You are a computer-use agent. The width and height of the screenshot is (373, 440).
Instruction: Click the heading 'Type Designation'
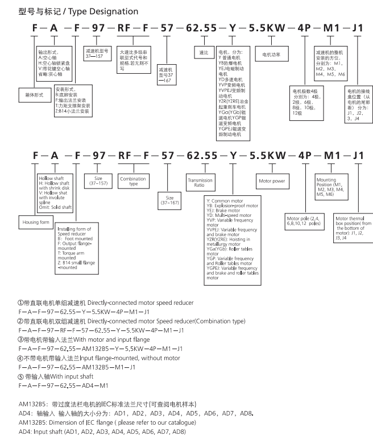[x=103, y=11]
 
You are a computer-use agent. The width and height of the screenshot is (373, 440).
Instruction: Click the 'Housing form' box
[x=36, y=222]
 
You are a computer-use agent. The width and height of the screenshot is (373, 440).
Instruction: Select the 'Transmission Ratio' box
[x=200, y=183]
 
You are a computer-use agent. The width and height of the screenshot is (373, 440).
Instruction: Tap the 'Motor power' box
[x=272, y=181]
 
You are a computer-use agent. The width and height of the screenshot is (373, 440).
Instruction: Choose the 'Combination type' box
[x=133, y=181]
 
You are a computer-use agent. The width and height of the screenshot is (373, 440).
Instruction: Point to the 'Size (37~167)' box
[x=169, y=200]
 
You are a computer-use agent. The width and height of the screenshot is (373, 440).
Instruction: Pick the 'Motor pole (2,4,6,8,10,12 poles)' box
[x=304, y=221]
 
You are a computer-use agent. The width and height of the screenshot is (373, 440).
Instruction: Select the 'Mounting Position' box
[x=331, y=187]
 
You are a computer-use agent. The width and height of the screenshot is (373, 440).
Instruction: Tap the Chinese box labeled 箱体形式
[x=34, y=95]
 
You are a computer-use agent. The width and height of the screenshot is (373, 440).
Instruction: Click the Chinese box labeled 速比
[x=204, y=52]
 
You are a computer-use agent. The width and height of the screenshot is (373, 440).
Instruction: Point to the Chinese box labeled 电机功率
[x=271, y=55]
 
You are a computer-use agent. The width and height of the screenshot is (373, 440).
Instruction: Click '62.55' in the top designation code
[x=201, y=28]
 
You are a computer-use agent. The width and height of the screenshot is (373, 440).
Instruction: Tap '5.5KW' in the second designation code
[x=268, y=156]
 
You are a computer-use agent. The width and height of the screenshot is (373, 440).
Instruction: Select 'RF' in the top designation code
[x=124, y=28]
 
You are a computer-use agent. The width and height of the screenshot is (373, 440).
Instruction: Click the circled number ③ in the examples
[x=20, y=340]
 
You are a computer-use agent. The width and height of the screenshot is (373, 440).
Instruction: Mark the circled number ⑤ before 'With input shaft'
[x=20, y=376]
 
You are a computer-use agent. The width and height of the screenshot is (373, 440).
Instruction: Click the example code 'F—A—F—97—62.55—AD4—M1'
[x=63, y=386]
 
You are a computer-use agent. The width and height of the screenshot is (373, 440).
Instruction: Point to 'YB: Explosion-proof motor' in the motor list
[x=232, y=206]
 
